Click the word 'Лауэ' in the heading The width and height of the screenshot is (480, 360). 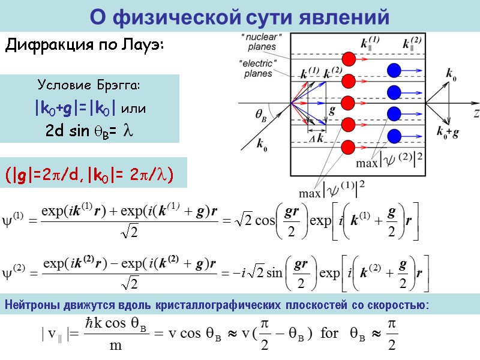pos(145,45)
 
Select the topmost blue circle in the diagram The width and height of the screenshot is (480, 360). pos(394,70)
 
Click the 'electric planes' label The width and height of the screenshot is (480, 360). pos(259,68)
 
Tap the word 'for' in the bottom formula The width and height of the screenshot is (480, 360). pos(330,332)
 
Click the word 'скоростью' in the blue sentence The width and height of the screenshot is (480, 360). pos(400,306)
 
